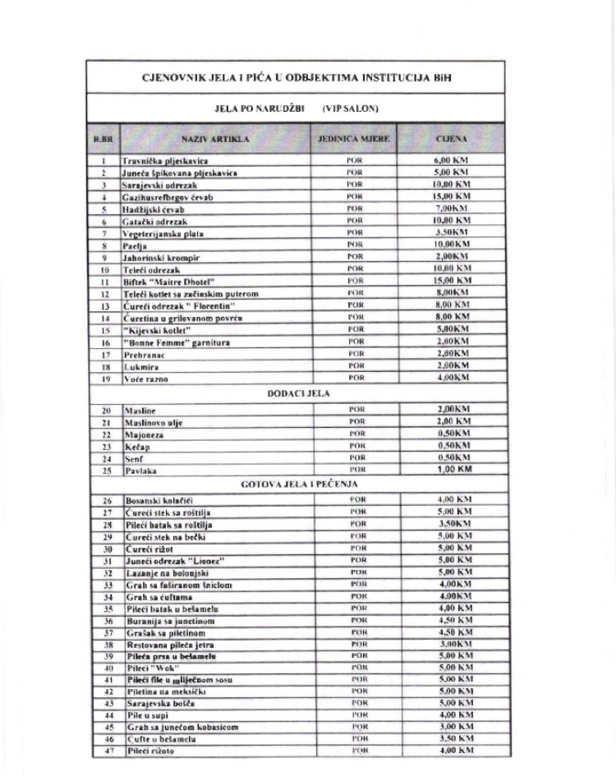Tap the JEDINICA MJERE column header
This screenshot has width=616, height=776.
tap(354, 140)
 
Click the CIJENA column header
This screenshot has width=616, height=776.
tap(451, 140)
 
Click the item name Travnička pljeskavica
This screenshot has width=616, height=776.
tap(165, 162)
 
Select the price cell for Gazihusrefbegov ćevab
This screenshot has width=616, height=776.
tap(451, 197)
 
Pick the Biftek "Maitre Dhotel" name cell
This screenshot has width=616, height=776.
tap(171, 281)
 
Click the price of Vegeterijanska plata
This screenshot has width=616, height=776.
tap(451, 233)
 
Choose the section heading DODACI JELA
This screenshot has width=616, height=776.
tap(298, 393)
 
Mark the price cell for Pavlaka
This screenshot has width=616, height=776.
tap(451, 470)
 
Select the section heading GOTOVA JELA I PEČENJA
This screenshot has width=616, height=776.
tap(297, 484)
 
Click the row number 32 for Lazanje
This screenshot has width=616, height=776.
tap(104, 572)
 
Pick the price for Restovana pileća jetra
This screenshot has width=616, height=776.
tap(451, 645)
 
